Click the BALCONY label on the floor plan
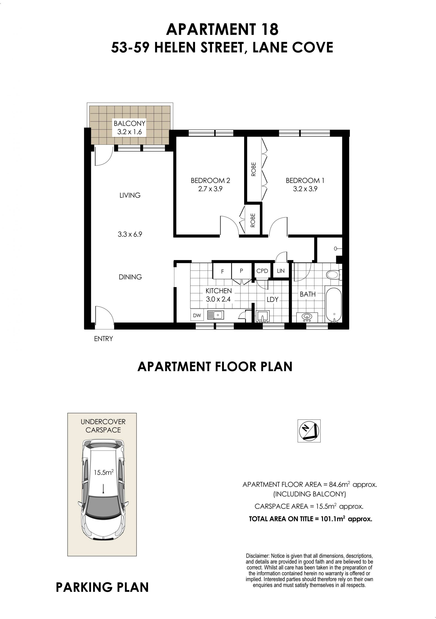pos(129,124)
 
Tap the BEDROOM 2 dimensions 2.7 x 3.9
pos(210,189)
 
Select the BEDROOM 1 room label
pos(305,180)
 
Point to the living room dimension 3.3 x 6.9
pos(130,234)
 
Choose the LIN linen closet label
pos(280,271)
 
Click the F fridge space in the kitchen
pos(222,271)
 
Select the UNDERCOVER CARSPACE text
pos(103,426)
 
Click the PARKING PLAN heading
pos(102,587)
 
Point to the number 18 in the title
pos(270,29)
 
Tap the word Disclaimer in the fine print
pos(258,556)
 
